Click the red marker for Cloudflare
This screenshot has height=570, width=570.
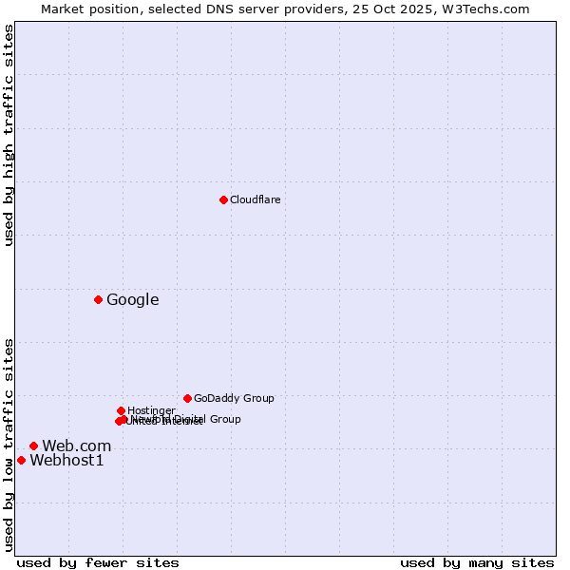[x=223, y=199]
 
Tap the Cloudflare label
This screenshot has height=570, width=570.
[x=255, y=199]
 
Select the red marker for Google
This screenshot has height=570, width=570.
[x=98, y=299]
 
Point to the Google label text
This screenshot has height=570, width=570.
[x=132, y=300]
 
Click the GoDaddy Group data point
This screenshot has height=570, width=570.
[x=187, y=398]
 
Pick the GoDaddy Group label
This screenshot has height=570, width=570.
[x=234, y=398]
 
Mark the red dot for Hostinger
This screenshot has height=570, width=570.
[x=121, y=410]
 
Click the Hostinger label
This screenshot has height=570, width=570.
[x=151, y=410]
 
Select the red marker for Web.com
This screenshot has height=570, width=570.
[x=33, y=446]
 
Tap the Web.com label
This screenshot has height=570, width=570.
[x=76, y=446]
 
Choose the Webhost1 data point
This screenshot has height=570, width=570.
[x=21, y=460]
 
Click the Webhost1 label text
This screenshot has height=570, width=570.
[x=66, y=461]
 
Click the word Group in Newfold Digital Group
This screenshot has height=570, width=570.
[x=225, y=419]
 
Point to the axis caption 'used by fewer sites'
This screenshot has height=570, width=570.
[x=98, y=562]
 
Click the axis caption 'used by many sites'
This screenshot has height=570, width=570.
[x=477, y=562]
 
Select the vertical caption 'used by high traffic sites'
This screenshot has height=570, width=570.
[x=9, y=135]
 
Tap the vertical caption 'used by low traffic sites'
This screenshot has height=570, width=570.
[x=9, y=445]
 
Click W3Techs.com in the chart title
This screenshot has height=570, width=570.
[x=490, y=9]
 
